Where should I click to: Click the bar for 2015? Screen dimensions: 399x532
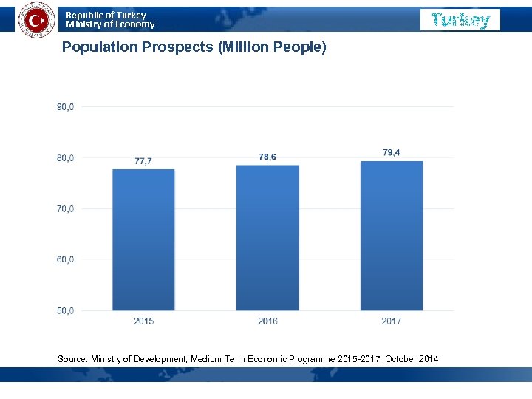pos(143,240)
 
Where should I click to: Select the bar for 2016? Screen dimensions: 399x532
pos(267,238)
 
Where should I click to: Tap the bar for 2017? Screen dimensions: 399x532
pos(392,236)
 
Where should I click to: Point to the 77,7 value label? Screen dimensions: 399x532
pos(143,160)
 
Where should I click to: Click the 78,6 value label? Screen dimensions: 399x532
pos(267,157)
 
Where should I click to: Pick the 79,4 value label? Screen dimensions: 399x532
pos(392,152)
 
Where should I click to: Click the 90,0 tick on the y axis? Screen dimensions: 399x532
pos(65,106)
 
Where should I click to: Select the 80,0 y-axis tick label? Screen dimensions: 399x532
pos(65,157)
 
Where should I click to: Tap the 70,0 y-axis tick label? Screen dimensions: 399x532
pos(65,208)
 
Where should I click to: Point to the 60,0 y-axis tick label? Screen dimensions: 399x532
pos(65,259)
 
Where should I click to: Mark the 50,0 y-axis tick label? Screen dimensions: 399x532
pos(65,310)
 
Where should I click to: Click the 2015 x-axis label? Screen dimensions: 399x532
pos(143,321)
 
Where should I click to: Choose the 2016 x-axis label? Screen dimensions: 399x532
pos(267,321)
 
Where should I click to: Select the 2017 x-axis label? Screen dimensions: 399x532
pos(392,321)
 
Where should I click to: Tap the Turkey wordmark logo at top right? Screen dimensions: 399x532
pos(460,20)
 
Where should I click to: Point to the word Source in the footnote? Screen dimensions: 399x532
pos(72,359)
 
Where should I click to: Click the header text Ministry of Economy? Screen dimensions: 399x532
pos(111,24)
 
